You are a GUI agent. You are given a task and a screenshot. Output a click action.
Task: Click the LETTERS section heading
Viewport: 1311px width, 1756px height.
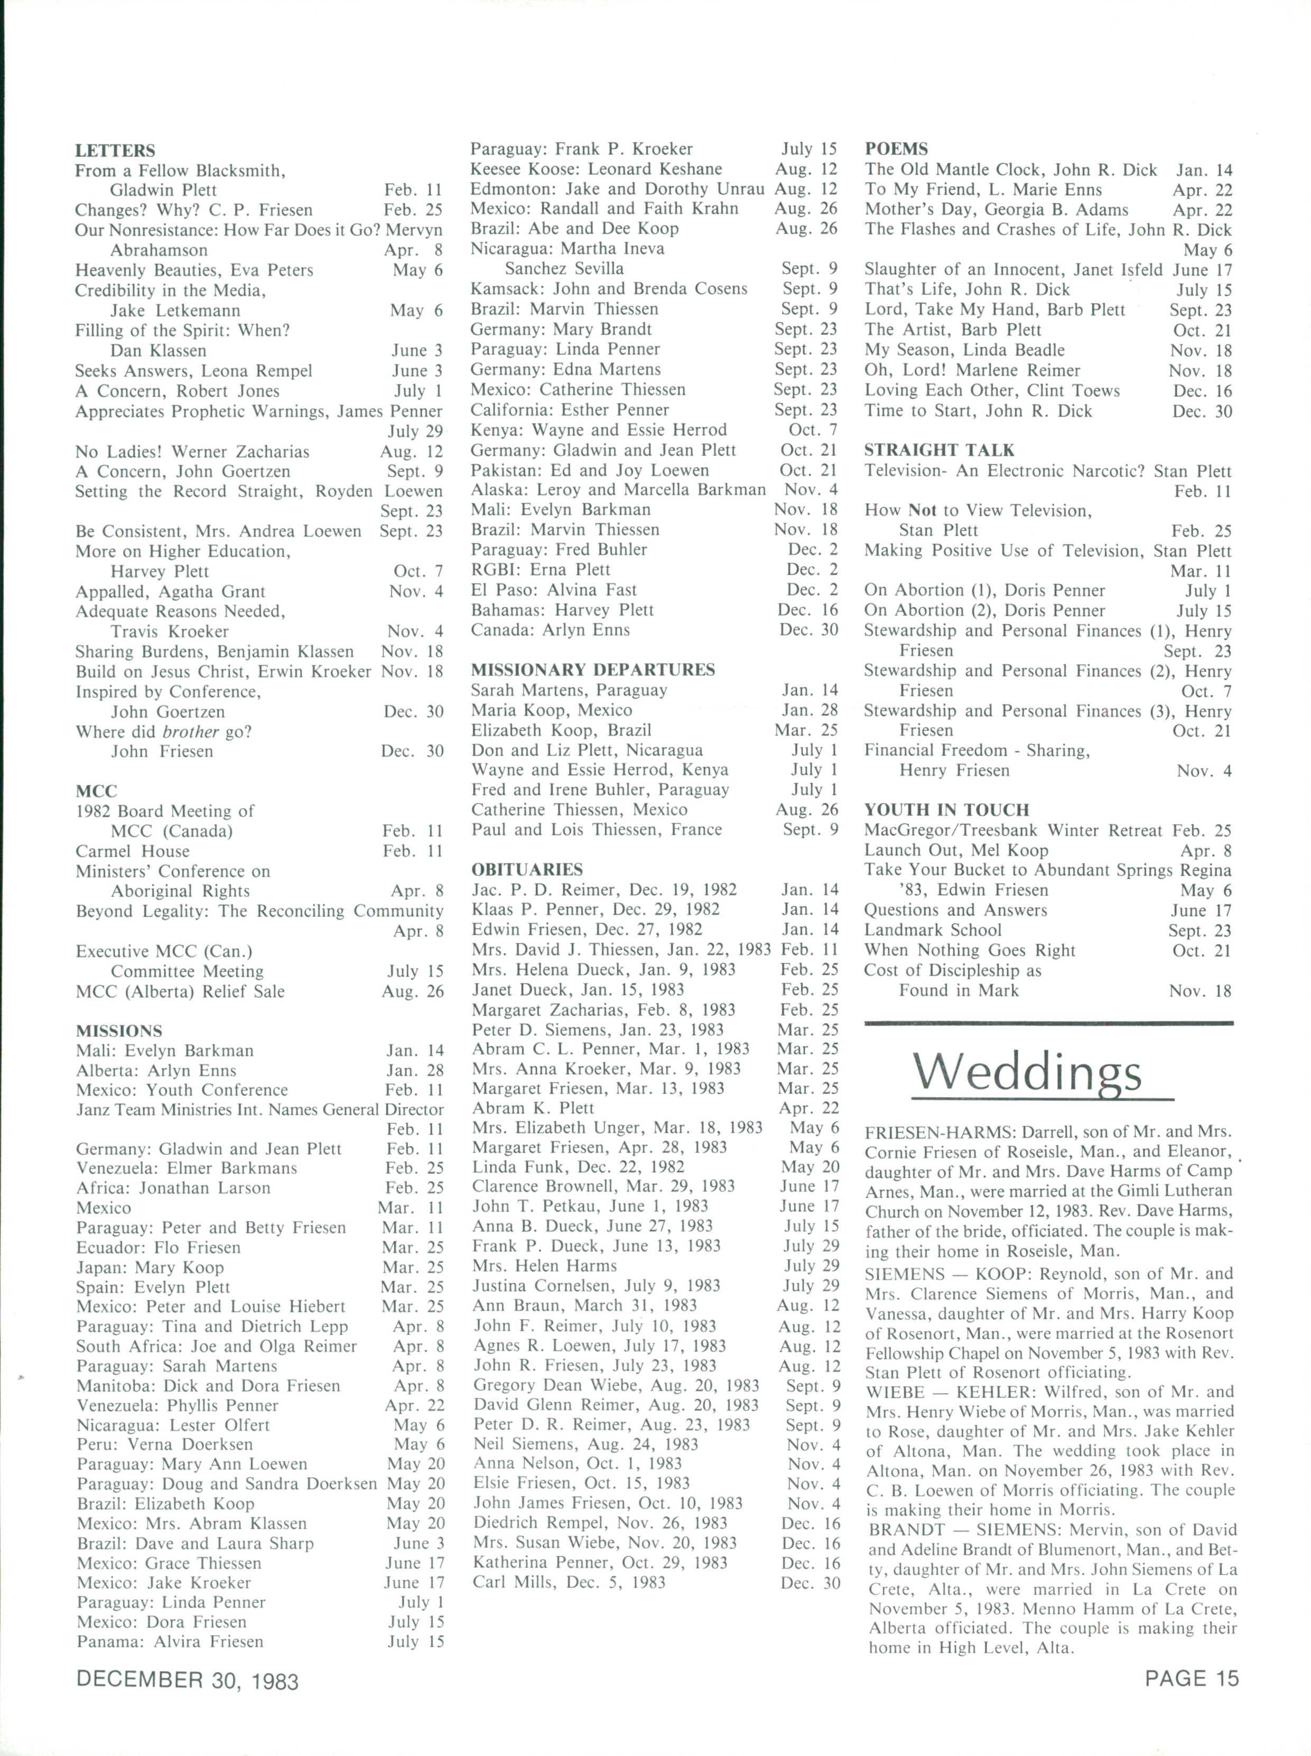[115, 151]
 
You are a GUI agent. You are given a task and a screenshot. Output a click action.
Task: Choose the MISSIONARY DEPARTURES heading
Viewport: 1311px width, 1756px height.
[593, 670]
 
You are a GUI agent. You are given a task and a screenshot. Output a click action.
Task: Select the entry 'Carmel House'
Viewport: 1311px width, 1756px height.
[133, 851]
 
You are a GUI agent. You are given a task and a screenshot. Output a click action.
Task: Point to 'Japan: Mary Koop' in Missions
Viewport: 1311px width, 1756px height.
[150, 1267]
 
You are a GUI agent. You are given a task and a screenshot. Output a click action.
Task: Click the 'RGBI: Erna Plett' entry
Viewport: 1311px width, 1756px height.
[541, 569]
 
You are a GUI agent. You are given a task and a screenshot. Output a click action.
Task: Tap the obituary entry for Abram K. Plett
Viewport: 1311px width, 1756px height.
[533, 1108]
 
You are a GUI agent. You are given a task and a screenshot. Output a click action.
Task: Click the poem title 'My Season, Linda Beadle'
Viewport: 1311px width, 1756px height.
[964, 350]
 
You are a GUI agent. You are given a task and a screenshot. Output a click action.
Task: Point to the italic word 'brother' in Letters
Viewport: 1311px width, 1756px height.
[190, 731]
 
